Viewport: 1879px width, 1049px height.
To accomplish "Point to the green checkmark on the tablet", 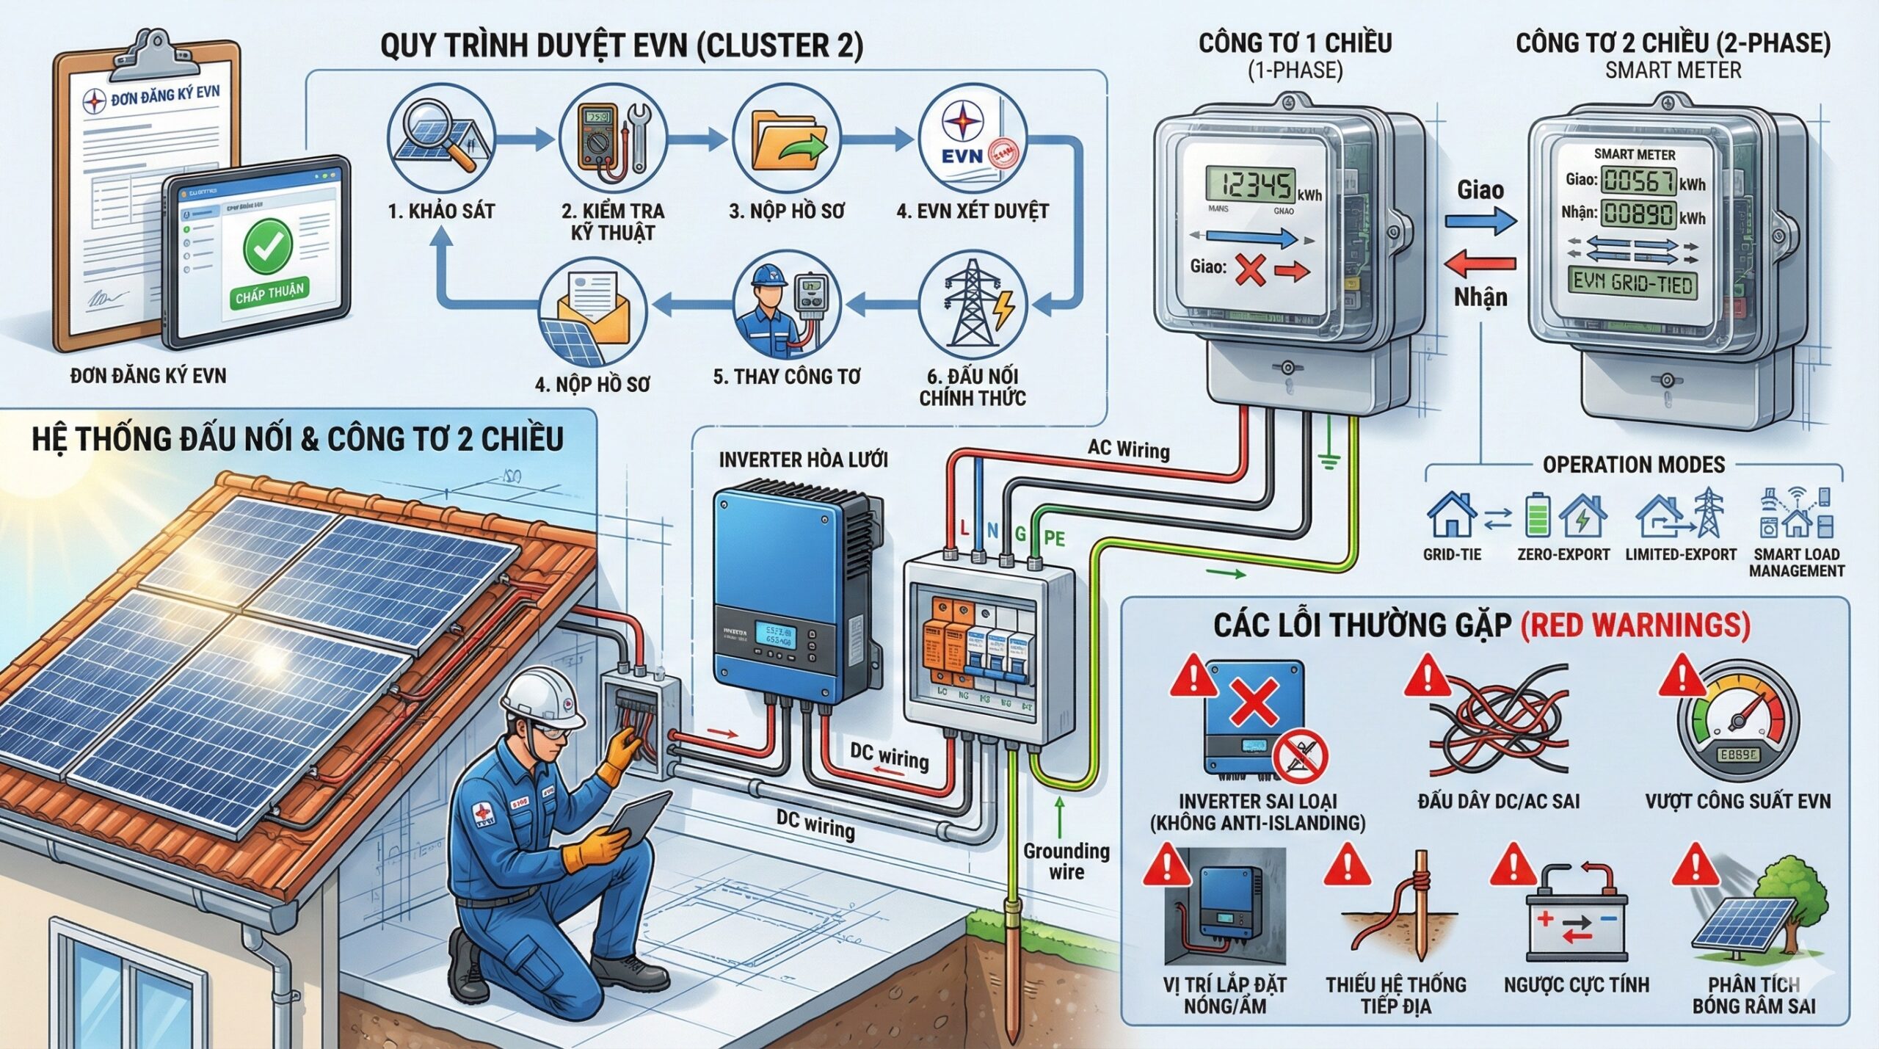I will [268, 247].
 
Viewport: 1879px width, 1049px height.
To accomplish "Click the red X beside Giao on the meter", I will [1250, 269].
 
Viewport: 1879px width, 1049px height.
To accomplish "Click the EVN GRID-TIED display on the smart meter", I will [1632, 283].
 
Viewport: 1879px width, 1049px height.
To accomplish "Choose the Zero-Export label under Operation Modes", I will [1563, 555].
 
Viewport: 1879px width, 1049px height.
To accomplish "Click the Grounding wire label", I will [1066, 861].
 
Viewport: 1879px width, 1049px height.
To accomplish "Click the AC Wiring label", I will [1128, 449].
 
